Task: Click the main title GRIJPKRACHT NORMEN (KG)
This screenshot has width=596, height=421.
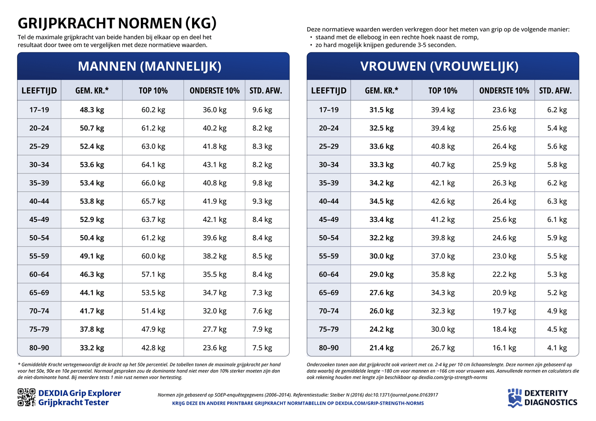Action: click(x=117, y=23)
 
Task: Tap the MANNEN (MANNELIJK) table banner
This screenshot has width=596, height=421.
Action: click(x=150, y=66)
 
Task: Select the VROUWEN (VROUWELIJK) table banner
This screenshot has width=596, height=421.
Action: click(x=439, y=66)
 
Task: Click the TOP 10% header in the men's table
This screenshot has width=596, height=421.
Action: click(x=153, y=91)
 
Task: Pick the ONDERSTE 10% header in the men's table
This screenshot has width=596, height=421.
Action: click(x=215, y=91)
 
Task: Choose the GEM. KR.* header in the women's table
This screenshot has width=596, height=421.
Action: click(x=381, y=91)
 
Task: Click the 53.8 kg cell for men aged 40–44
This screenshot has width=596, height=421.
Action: click(x=92, y=201)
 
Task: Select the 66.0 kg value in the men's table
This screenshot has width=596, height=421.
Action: click(x=153, y=183)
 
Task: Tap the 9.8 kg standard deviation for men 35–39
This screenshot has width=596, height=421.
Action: click(x=262, y=183)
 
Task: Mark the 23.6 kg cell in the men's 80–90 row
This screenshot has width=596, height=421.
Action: click(x=215, y=348)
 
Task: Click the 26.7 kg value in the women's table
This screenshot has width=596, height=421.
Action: click(x=443, y=348)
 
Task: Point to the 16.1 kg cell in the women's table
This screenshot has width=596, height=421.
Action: click(x=504, y=348)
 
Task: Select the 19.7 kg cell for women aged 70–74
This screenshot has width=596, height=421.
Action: click(x=504, y=311)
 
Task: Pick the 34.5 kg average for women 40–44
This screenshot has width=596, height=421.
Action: click(x=381, y=201)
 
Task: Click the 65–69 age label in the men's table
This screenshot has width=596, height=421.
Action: click(x=39, y=293)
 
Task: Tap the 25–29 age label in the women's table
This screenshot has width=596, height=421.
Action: click(x=329, y=147)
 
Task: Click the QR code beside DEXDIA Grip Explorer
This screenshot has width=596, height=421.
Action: click(x=26, y=397)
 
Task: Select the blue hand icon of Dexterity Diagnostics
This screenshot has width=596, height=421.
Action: click(x=515, y=398)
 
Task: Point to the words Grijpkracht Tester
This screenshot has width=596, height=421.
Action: click(x=73, y=403)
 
